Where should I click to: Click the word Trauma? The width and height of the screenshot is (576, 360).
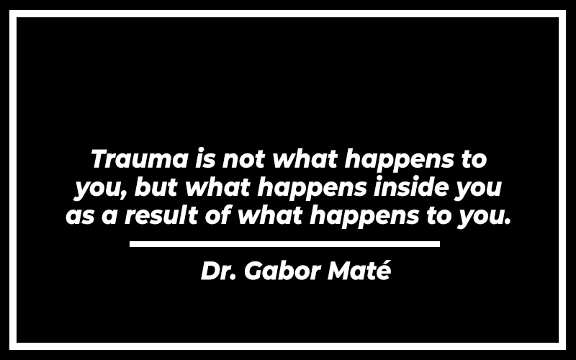click(139, 158)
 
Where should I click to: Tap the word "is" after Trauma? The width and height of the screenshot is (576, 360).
click(204, 158)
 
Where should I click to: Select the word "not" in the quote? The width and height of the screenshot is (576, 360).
click(243, 159)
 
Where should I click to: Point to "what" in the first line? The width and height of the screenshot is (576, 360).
click(305, 158)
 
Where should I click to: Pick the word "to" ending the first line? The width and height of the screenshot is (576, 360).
click(474, 160)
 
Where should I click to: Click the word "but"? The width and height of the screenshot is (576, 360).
click(156, 187)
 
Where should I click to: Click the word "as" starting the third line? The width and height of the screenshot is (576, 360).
click(80, 215)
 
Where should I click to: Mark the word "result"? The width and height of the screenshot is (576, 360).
click(161, 215)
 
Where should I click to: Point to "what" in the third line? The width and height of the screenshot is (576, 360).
click(271, 215)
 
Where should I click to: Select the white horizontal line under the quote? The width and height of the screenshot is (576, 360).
click(284, 244)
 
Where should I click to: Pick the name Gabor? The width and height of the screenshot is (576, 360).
click(282, 271)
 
